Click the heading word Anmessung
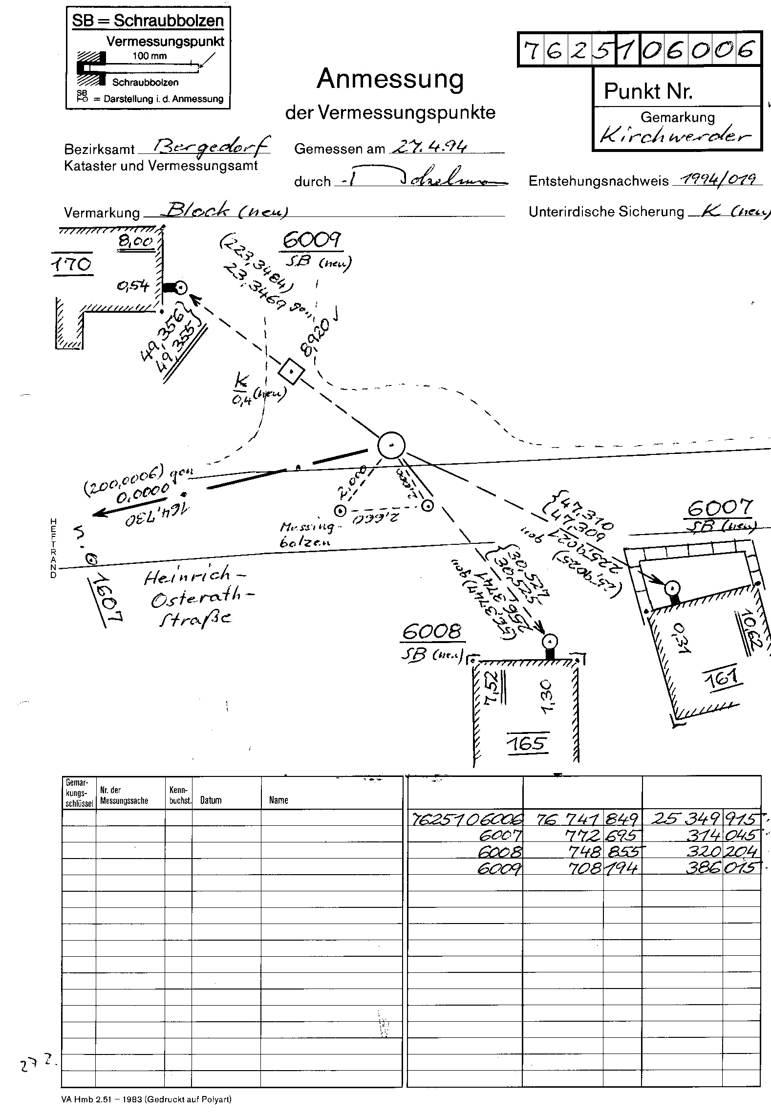(390, 80)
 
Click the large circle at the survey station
(391, 446)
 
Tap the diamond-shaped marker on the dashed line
(291, 372)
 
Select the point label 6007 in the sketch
(720, 509)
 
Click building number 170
(71, 264)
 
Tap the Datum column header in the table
(211, 800)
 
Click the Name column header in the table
(278, 800)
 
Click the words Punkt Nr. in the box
(648, 91)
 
